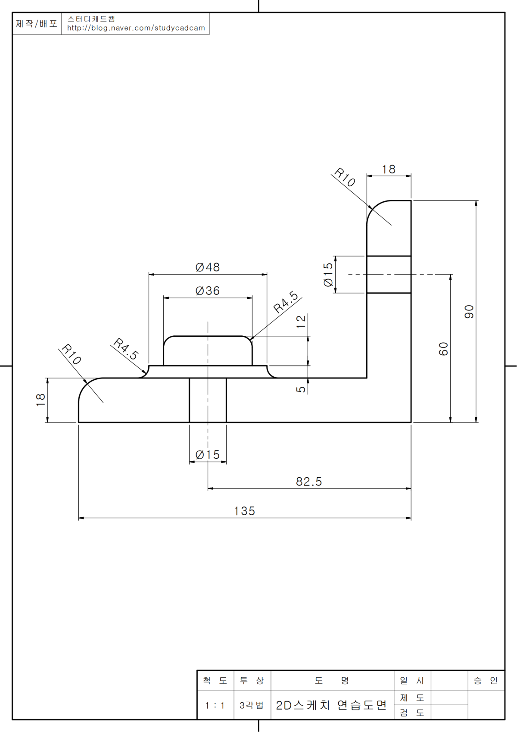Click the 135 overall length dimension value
244,511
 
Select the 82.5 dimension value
309,482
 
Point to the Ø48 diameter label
208,267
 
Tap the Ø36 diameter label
208,291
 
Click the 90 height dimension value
469,312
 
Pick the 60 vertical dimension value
444,349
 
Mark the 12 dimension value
301,321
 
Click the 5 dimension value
301,389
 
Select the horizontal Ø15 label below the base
208,455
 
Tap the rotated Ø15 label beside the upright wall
328,275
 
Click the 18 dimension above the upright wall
389,169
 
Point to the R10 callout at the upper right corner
345,177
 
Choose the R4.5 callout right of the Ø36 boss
286,302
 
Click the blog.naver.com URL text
136,28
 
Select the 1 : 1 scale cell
215,706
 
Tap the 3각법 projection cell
252,706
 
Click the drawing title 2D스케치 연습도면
331,705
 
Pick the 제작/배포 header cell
37,24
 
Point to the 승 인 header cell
486,681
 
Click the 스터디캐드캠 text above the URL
91,19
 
